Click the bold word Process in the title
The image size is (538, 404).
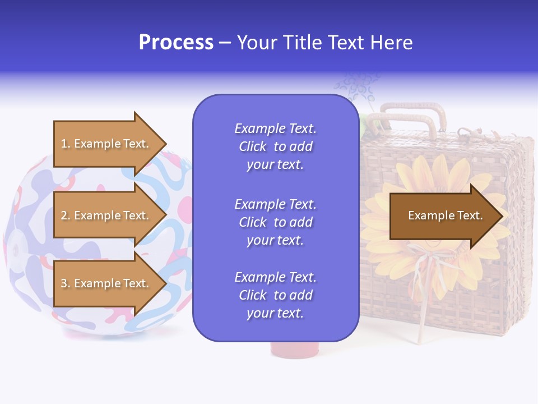pos(176,43)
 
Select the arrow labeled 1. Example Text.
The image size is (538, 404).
pos(106,144)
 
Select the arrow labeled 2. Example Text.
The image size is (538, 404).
pos(106,215)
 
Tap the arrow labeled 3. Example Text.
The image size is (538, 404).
pos(106,283)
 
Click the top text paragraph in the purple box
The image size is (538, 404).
pos(275,146)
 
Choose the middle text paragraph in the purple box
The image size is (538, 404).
pos(275,222)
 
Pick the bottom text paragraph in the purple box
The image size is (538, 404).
pos(275,295)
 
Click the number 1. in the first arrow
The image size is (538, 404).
pos(66,144)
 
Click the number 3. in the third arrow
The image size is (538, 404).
pos(66,283)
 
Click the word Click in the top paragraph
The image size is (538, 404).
pos(252,146)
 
